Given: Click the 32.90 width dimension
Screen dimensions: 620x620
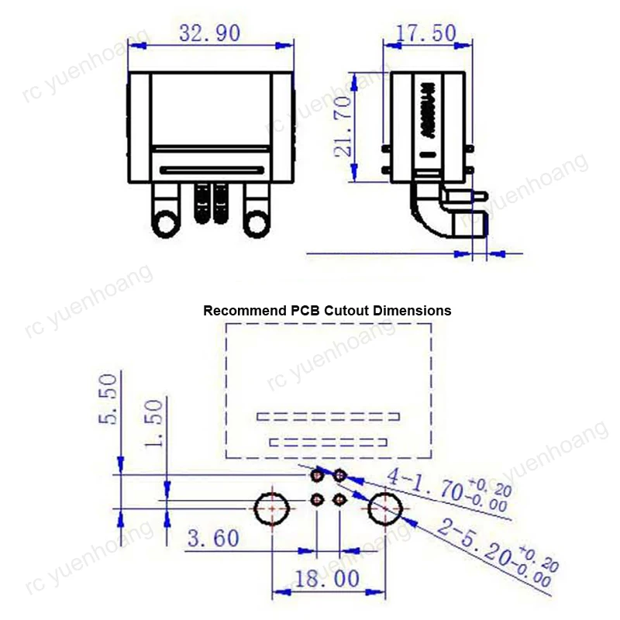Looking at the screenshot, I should tap(210, 33).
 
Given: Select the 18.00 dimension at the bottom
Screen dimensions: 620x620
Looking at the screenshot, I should tap(326, 578).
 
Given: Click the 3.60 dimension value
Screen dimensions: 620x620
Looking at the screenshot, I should tap(212, 537).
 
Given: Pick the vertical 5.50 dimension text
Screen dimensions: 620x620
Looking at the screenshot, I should tap(108, 398).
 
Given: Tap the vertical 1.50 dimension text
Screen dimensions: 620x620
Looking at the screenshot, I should tap(154, 423).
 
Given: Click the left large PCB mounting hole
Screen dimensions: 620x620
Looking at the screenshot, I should tap(272, 508).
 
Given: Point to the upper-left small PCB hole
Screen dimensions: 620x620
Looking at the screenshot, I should tap(318, 474).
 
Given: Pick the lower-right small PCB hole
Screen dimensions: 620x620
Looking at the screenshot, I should tap(339, 500).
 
